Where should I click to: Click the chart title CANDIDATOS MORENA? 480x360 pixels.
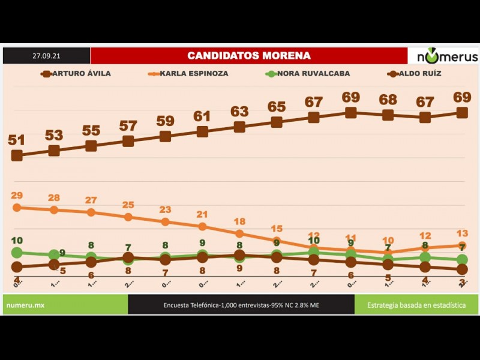249,56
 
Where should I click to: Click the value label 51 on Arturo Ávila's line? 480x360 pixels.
17,140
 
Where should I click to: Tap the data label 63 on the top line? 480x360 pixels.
239,112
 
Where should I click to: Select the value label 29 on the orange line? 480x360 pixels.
17,196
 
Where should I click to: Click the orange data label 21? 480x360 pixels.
202,214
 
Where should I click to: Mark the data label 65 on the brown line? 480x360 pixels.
277,107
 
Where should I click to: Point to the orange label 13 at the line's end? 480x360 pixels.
462,233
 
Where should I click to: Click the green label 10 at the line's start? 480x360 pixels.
17,241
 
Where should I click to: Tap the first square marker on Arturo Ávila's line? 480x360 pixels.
17,155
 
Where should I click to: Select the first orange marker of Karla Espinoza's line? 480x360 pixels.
17,208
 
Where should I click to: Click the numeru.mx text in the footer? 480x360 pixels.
25,305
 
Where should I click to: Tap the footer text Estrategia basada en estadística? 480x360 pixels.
416,305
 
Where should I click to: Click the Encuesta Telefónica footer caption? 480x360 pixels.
241,305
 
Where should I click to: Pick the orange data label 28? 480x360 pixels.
54,198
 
